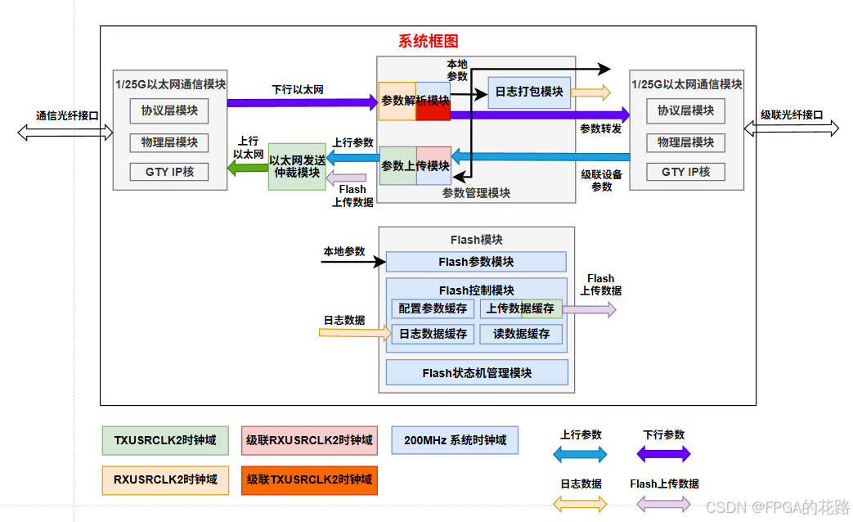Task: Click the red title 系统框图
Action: [x=428, y=42]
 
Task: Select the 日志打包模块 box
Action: [x=528, y=92]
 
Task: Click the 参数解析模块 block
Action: [x=415, y=101]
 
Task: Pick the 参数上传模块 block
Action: [x=415, y=165]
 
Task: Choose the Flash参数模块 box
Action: [x=476, y=262]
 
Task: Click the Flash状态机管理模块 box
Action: [x=477, y=372]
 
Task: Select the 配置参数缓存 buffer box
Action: [x=433, y=308]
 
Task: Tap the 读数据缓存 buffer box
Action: [x=521, y=333]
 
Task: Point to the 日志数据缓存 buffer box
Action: [x=433, y=333]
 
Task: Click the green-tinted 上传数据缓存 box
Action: [x=521, y=308]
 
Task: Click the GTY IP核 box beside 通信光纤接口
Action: [x=169, y=172]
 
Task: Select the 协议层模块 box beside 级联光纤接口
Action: [x=685, y=110]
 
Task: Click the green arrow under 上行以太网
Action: [x=247, y=169]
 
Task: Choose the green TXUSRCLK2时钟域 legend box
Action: [x=165, y=439]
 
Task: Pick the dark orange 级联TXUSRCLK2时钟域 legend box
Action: [x=309, y=479]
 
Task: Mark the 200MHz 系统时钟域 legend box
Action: [x=455, y=439]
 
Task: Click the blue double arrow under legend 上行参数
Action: [x=581, y=454]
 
